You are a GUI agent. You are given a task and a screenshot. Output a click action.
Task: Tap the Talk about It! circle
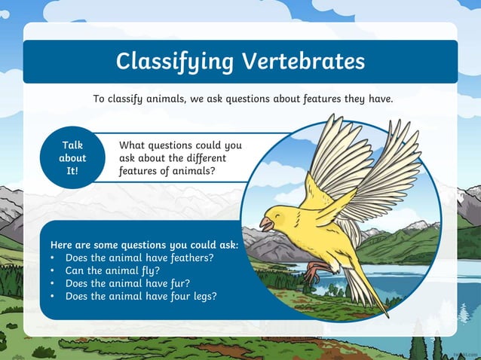pos(72,158)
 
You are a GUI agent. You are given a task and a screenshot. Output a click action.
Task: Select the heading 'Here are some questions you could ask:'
pos(144,245)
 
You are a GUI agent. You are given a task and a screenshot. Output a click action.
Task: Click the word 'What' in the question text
pos(133,145)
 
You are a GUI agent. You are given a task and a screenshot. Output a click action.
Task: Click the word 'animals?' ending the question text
pos(194,171)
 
